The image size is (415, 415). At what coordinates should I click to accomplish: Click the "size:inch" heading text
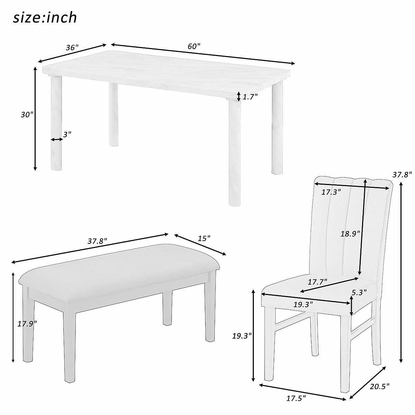click(x=45, y=17)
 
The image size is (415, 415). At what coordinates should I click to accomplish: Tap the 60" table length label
click(x=194, y=46)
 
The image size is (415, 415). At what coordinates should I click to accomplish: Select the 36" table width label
click(x=72, y=47)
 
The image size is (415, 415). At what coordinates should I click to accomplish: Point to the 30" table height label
click(x=27, y=115)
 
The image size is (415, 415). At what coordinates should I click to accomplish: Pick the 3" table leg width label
click(x=67, y=133)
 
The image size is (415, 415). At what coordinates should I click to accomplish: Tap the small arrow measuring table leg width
click(x=56, y=139)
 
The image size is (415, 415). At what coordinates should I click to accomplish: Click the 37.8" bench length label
click(x=97, y=241)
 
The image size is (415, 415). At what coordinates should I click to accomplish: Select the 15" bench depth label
click(x=204, y=238)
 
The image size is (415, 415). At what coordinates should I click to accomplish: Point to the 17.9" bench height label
click(x=27, y=324)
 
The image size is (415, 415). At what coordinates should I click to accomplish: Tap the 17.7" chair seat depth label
click(x=317, y=282)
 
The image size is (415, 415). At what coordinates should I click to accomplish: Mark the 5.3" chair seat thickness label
click(x=359, y=292)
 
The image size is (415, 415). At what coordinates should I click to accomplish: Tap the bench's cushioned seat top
click(x=118, y=266)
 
